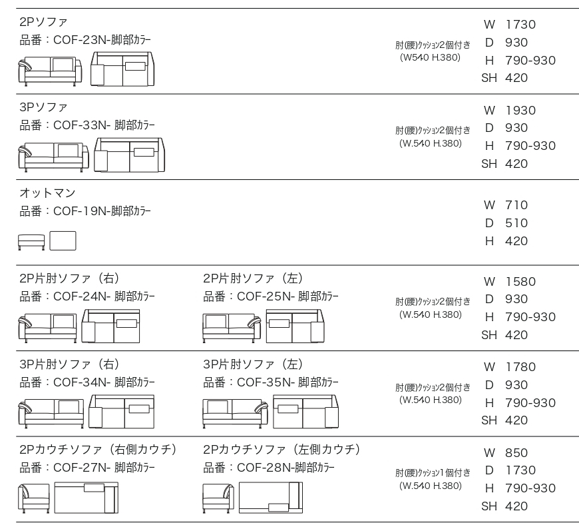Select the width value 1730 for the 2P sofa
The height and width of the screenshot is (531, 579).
[520, 25]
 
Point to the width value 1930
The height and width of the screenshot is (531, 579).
[520, 110]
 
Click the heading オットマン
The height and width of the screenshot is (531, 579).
[47, 193]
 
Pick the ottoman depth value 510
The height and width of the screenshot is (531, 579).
[516, 223]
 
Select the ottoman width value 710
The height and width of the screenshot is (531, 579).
[516, 205]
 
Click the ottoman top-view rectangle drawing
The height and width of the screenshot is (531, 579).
[63, 241]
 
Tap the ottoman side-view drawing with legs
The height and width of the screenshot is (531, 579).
[31, 243]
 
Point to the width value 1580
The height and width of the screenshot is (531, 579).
[520, 281]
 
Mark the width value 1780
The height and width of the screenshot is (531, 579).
[520, 367]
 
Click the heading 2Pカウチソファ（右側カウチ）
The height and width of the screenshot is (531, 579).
[98, 449]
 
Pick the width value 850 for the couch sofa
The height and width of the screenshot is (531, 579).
[516, 452]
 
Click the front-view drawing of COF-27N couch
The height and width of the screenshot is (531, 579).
[33, 498]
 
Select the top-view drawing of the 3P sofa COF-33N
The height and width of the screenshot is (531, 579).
[129, 155]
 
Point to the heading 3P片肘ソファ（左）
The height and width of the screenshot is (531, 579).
[254, 364]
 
